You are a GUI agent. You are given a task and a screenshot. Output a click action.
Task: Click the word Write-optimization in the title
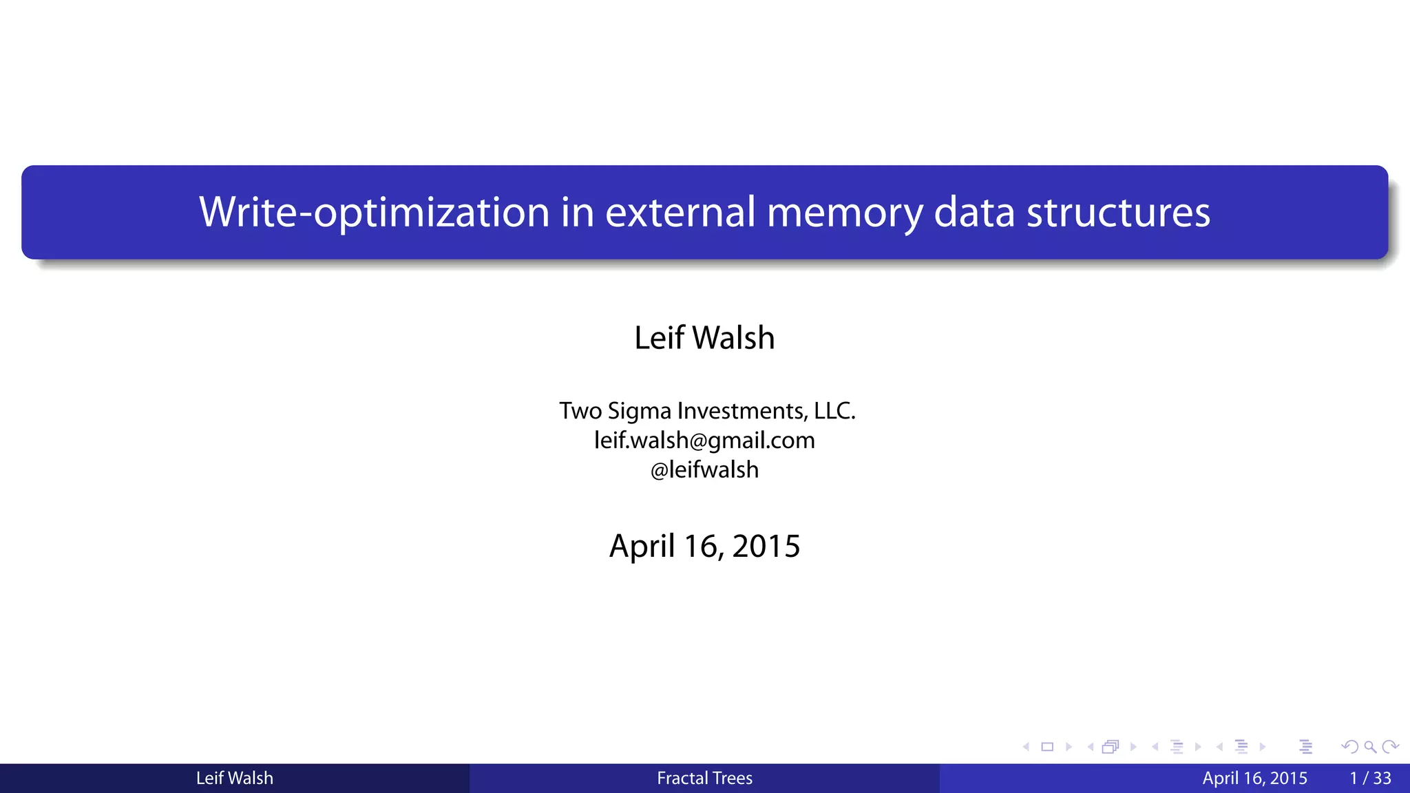(x=373, y=212)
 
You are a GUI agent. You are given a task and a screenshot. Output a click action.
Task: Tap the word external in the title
(x=680, y=212)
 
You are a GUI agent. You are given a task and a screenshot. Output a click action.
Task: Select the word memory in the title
(x=844, y=212)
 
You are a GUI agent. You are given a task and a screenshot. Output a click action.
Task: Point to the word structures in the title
(x=1118, y=212)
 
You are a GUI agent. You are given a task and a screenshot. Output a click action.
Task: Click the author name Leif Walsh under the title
(x=704, y=338)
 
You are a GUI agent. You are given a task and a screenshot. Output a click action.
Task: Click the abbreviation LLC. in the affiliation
(x=834, y=411)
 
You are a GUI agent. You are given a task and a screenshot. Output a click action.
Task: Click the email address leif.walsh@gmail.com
(x=704, y=441)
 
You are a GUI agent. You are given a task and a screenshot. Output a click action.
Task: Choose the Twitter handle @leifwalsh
(x=704, y=470)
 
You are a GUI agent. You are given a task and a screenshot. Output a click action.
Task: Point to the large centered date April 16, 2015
(x=704, y=547)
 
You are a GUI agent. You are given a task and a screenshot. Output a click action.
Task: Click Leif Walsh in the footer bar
(x=235, y=779)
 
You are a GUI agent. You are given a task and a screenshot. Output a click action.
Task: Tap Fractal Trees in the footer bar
(x=704, y=779)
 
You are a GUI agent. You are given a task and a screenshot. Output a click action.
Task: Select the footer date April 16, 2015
(x=1254, y=779)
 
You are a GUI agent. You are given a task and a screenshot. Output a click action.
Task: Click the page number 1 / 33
(x=1370, y=779)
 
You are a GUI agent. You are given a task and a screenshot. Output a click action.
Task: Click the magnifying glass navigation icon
(x=1370, y=747)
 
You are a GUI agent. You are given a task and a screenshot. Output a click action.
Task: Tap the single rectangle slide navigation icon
(x=1047, y=747)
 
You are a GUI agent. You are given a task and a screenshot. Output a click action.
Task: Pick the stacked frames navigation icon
(x=1111, y=747)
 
